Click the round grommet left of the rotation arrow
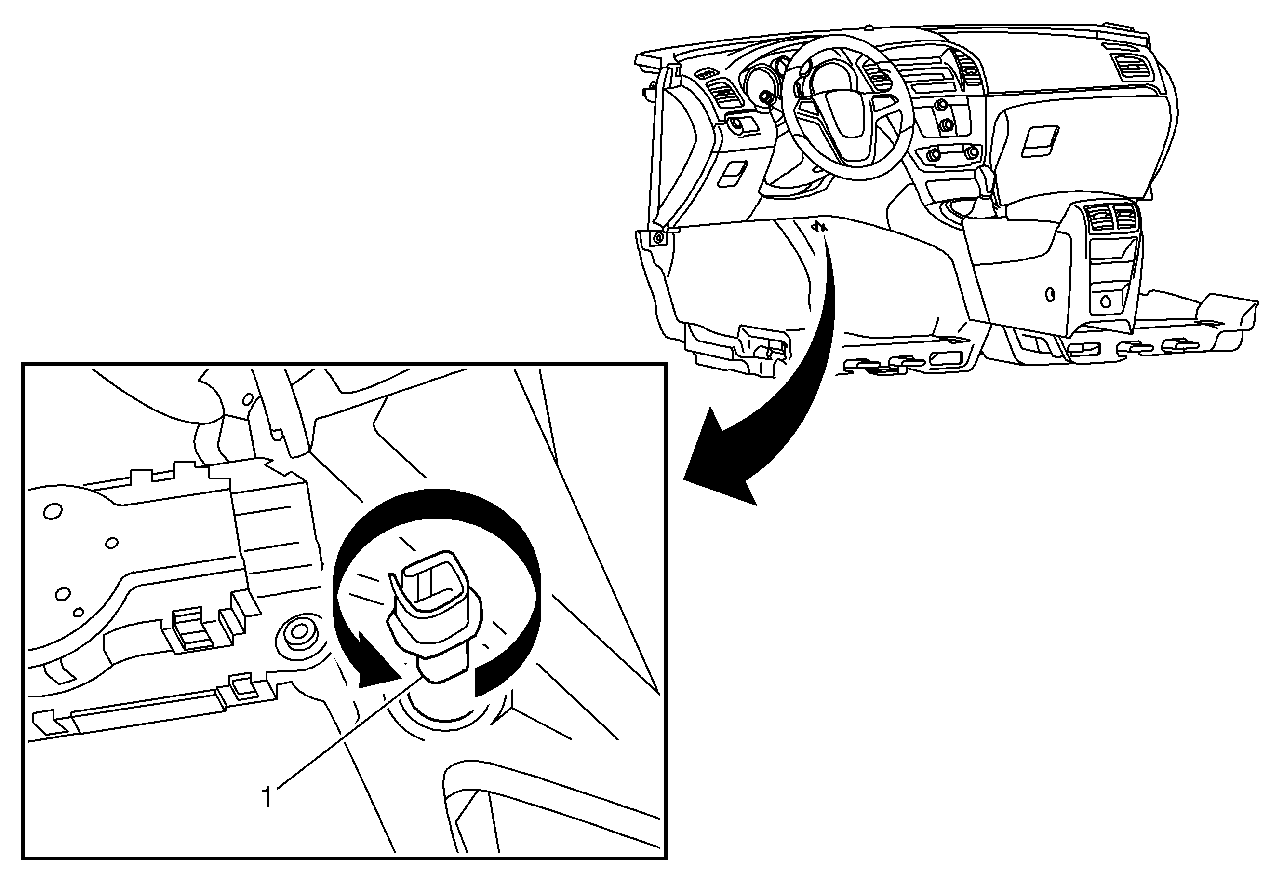[x=299, y=632]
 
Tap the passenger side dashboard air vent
[x=1134, y=67]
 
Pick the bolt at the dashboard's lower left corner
[x=657, y=238]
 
